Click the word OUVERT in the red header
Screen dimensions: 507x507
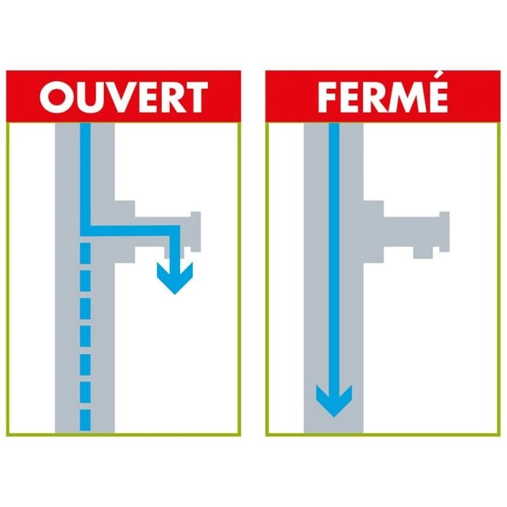[124, 98]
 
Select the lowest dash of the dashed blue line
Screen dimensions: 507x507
[86, 420]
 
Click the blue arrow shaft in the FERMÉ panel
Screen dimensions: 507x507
[333, 253]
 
